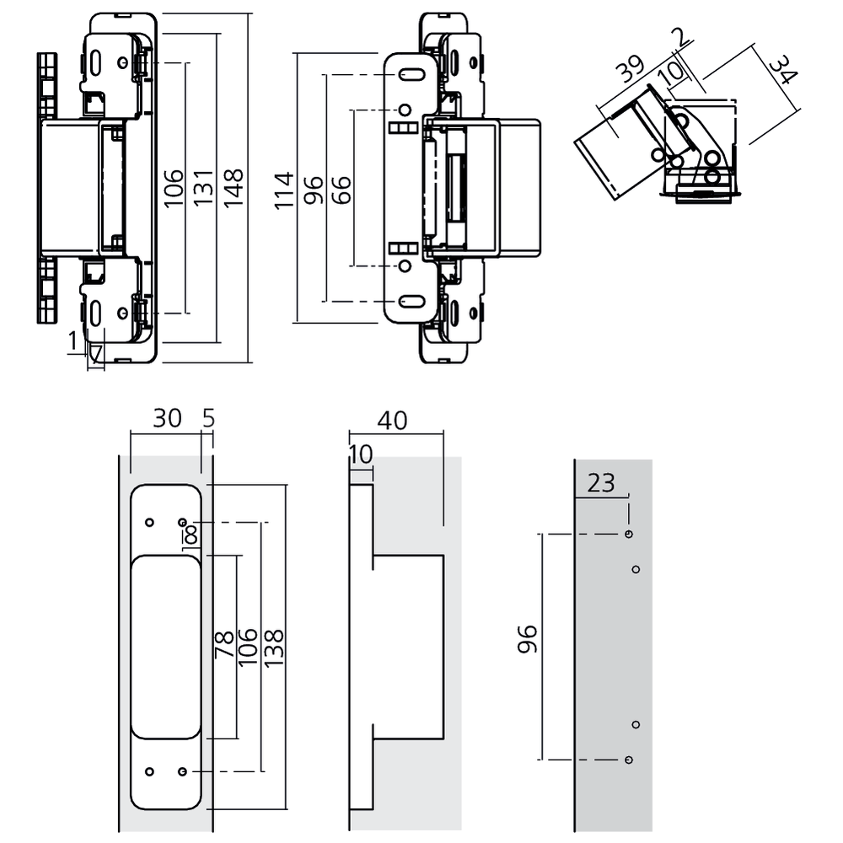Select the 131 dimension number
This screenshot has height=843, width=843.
203,187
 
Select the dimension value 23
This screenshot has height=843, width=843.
602,483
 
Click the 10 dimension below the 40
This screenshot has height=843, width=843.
360,455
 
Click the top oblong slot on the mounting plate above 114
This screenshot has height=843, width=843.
413,75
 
